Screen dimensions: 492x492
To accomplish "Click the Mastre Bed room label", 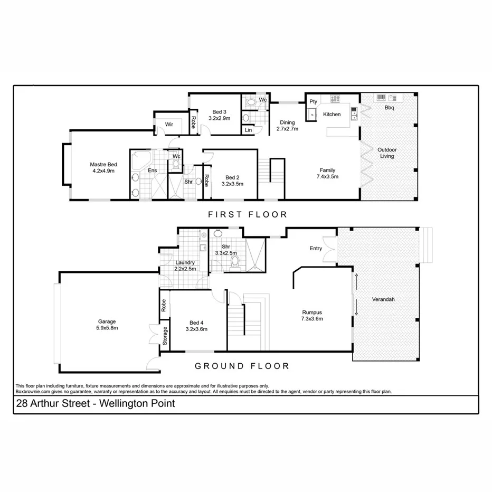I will click(102, 164).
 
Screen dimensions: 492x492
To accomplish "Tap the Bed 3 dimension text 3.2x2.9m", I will click(219, 119).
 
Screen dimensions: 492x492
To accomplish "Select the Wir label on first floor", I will click(169, 125).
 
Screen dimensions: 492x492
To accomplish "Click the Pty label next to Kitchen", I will click(313, 102).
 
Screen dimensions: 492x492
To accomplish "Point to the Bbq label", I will click(390, 108).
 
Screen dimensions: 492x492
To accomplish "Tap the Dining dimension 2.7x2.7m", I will click(288, 129).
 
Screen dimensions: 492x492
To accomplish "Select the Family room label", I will click(327, 170).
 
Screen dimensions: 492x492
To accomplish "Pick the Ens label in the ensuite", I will click(152, 171).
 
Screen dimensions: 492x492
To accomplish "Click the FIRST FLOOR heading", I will click(248, 214).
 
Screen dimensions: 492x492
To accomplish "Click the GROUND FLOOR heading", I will click(242, 366).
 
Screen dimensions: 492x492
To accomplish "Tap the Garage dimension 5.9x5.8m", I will click(107, 328).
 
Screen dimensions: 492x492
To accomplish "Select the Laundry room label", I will click(185, 262).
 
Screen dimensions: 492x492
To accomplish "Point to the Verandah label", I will click(383, 299).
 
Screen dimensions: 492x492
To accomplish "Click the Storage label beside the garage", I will click(165, 336).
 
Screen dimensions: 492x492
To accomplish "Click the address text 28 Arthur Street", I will click(53, 404).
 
